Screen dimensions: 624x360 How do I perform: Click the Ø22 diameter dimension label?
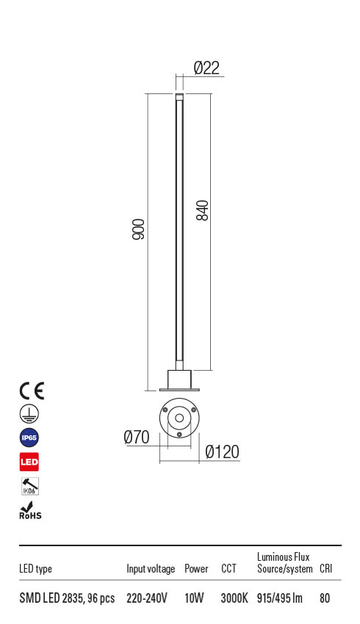point(206,68)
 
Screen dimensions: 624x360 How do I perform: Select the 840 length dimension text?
point(203,211)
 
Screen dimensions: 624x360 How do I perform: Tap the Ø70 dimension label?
point(137,438)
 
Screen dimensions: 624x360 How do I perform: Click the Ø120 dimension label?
point(222,453)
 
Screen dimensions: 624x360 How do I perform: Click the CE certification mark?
point(32,391)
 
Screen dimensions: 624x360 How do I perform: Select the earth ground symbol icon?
point(29,413)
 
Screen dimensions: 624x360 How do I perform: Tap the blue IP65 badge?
point(29,438)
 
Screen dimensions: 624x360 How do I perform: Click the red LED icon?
point(29,462)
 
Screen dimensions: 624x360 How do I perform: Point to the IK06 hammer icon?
point(29,486)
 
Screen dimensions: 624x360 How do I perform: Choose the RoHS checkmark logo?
point(29,510)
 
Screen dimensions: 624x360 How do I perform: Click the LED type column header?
point(35,569)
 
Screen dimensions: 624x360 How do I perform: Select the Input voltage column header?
point(151,569)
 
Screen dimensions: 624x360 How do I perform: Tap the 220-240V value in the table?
point(147,598)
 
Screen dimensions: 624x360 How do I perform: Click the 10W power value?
point(195,598)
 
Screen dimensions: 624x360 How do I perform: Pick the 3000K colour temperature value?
point(234,598)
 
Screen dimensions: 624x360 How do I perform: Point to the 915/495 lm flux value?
point(280,598)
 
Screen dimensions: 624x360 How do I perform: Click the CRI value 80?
point(325,598)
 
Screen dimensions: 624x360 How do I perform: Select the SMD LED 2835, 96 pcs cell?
point(67,598)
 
